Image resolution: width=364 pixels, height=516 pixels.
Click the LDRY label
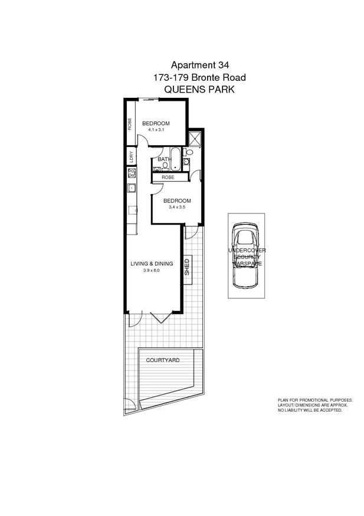click(131, 157)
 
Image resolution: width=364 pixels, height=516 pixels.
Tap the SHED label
click(187, 267)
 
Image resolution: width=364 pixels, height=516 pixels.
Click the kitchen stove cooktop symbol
click(132, 173)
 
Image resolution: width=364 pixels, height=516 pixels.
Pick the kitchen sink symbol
click(132, 189)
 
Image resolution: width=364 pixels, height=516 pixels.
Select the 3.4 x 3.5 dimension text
click(177, 208)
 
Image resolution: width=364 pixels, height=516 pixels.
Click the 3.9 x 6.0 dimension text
click(151, 271)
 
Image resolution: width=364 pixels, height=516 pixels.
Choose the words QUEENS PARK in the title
click(199, 90)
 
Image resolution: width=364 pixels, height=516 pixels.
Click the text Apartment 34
click(199, 64)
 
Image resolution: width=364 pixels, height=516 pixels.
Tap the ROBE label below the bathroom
click(168, 177)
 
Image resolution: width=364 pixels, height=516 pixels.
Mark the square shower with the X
click(195, 138)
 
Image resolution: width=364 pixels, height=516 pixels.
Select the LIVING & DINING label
click(152, 264)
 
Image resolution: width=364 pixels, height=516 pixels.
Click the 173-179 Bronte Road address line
click(199, 77)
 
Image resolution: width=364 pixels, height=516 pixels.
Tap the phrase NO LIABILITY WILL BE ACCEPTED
click(310, 410)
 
